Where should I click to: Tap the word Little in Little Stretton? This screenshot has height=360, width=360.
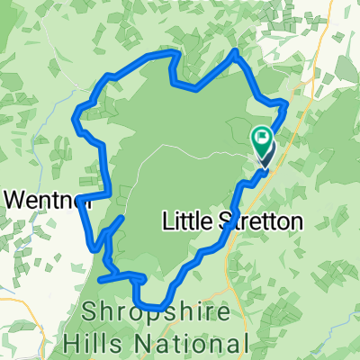(x=186, y=220)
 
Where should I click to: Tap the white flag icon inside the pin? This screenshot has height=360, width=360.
(x=263, y=139)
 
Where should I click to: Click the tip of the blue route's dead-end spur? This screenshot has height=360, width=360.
(x=122, y=219)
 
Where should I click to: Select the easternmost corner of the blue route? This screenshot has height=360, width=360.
(x=285, y=104)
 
